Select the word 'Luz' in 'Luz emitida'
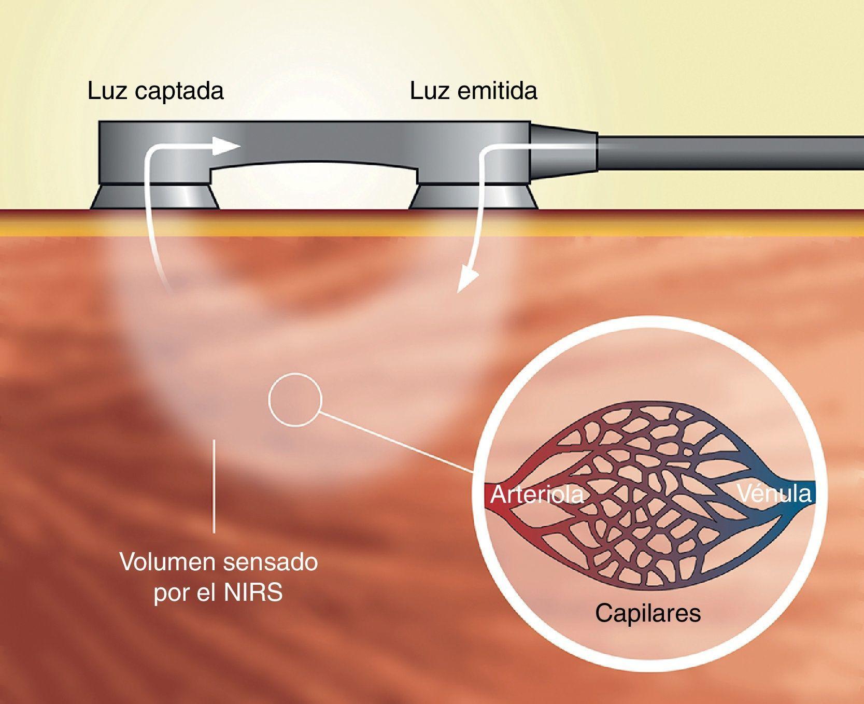430,92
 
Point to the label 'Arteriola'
536,495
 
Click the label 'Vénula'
774,493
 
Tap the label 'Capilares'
647,613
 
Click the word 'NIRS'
253,593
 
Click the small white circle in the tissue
295,399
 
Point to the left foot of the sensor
154,198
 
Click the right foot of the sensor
473,198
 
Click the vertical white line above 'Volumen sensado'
214,486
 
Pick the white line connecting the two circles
396,442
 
